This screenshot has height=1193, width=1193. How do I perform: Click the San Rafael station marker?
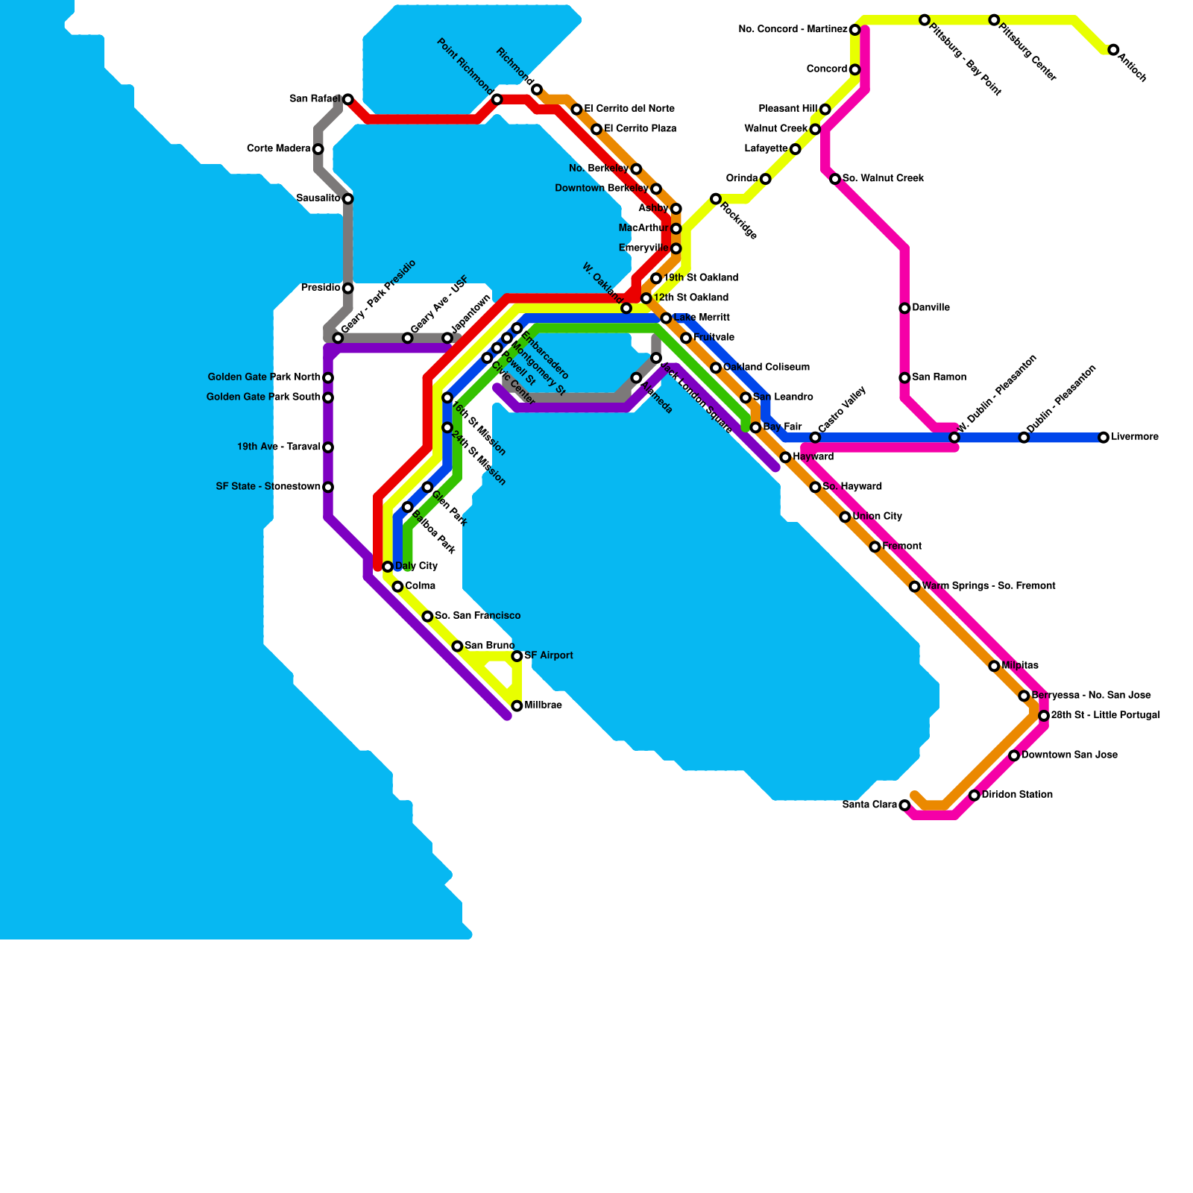tap(347, 99)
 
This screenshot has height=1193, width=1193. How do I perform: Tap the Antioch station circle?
tap(1113, 50)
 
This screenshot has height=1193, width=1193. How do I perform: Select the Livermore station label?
tap(1135, 437)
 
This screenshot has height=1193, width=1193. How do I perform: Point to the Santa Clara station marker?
tap(904, 805)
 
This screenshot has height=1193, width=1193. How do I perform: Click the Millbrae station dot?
tap(517, 706)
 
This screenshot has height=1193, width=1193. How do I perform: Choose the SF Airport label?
tap(549, 656)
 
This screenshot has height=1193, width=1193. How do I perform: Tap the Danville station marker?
tap(904, 308)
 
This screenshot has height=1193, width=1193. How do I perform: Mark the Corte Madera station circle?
tap(318, 149)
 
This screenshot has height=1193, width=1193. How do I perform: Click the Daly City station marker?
tap(388, 567)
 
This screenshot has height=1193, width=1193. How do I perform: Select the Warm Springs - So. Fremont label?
tap(989, 586)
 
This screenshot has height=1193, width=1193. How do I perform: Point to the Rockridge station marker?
tap(716, 198)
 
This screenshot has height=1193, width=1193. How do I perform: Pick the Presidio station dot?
tap(347, 289)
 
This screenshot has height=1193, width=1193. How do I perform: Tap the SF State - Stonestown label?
tap(268, 487)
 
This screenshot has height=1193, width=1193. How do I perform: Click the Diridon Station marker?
tap(974, 796)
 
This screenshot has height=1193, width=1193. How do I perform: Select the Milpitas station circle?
tap(994, 666)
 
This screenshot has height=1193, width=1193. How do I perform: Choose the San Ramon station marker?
tap(904, 378)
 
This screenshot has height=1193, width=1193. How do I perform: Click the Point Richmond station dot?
tap(497, 99)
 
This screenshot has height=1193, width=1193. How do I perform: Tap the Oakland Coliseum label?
tap(767, 368)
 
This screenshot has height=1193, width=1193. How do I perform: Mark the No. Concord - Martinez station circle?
tap(855, 30)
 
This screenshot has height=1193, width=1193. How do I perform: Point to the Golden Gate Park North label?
tap(264, 377)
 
